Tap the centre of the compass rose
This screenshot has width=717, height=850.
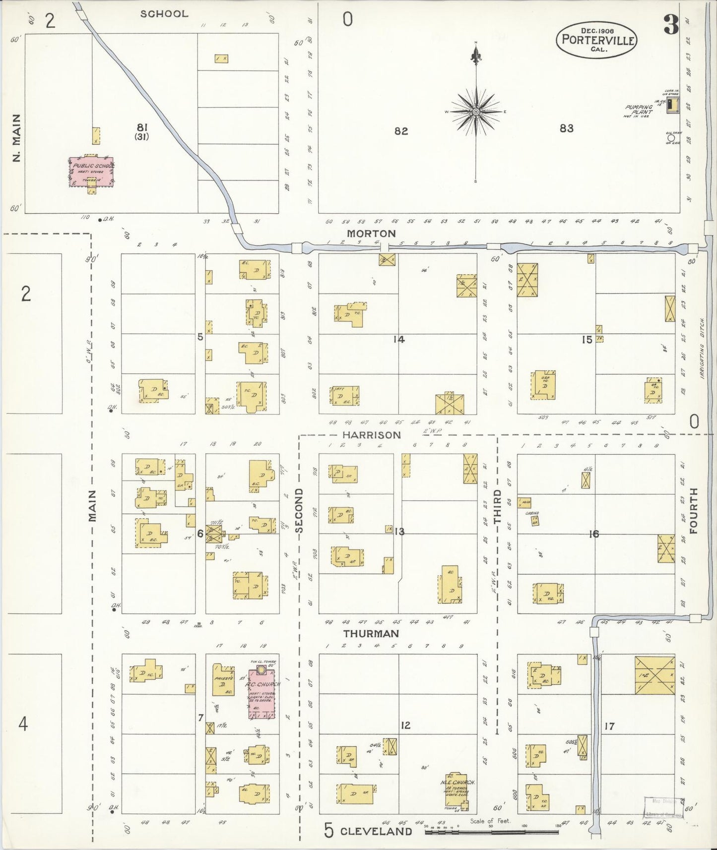pyautogui.click(x=476, y=112)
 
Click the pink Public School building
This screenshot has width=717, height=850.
pyautogui.click(x=91, y=172)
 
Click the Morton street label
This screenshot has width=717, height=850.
pyautogui.click(x=371, y=233)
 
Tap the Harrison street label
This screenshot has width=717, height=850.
pyautogui.click(x=372, y=435)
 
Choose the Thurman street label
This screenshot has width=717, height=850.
pyautogui.click(x=371, y=633)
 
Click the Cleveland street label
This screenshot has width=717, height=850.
pyautogui.click(x=376, y=831)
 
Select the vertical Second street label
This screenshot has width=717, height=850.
pyautogui.click(x=299, y=510)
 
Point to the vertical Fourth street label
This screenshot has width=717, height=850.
pyautogui.click(x=693, y=510)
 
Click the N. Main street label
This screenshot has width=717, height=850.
pyautogui.click(x=17, y=138)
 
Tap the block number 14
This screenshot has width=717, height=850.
pyautogui.click(x=399, y=339)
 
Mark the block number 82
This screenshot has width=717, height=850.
pyautogui.click(x=401, y=131)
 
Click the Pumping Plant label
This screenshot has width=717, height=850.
pyautogui.click(x=639, y=109)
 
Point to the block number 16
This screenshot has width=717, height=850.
pyautogui.click(x=593, y=534)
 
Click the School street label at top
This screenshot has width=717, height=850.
pyautogui.click(x=164, y=14)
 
